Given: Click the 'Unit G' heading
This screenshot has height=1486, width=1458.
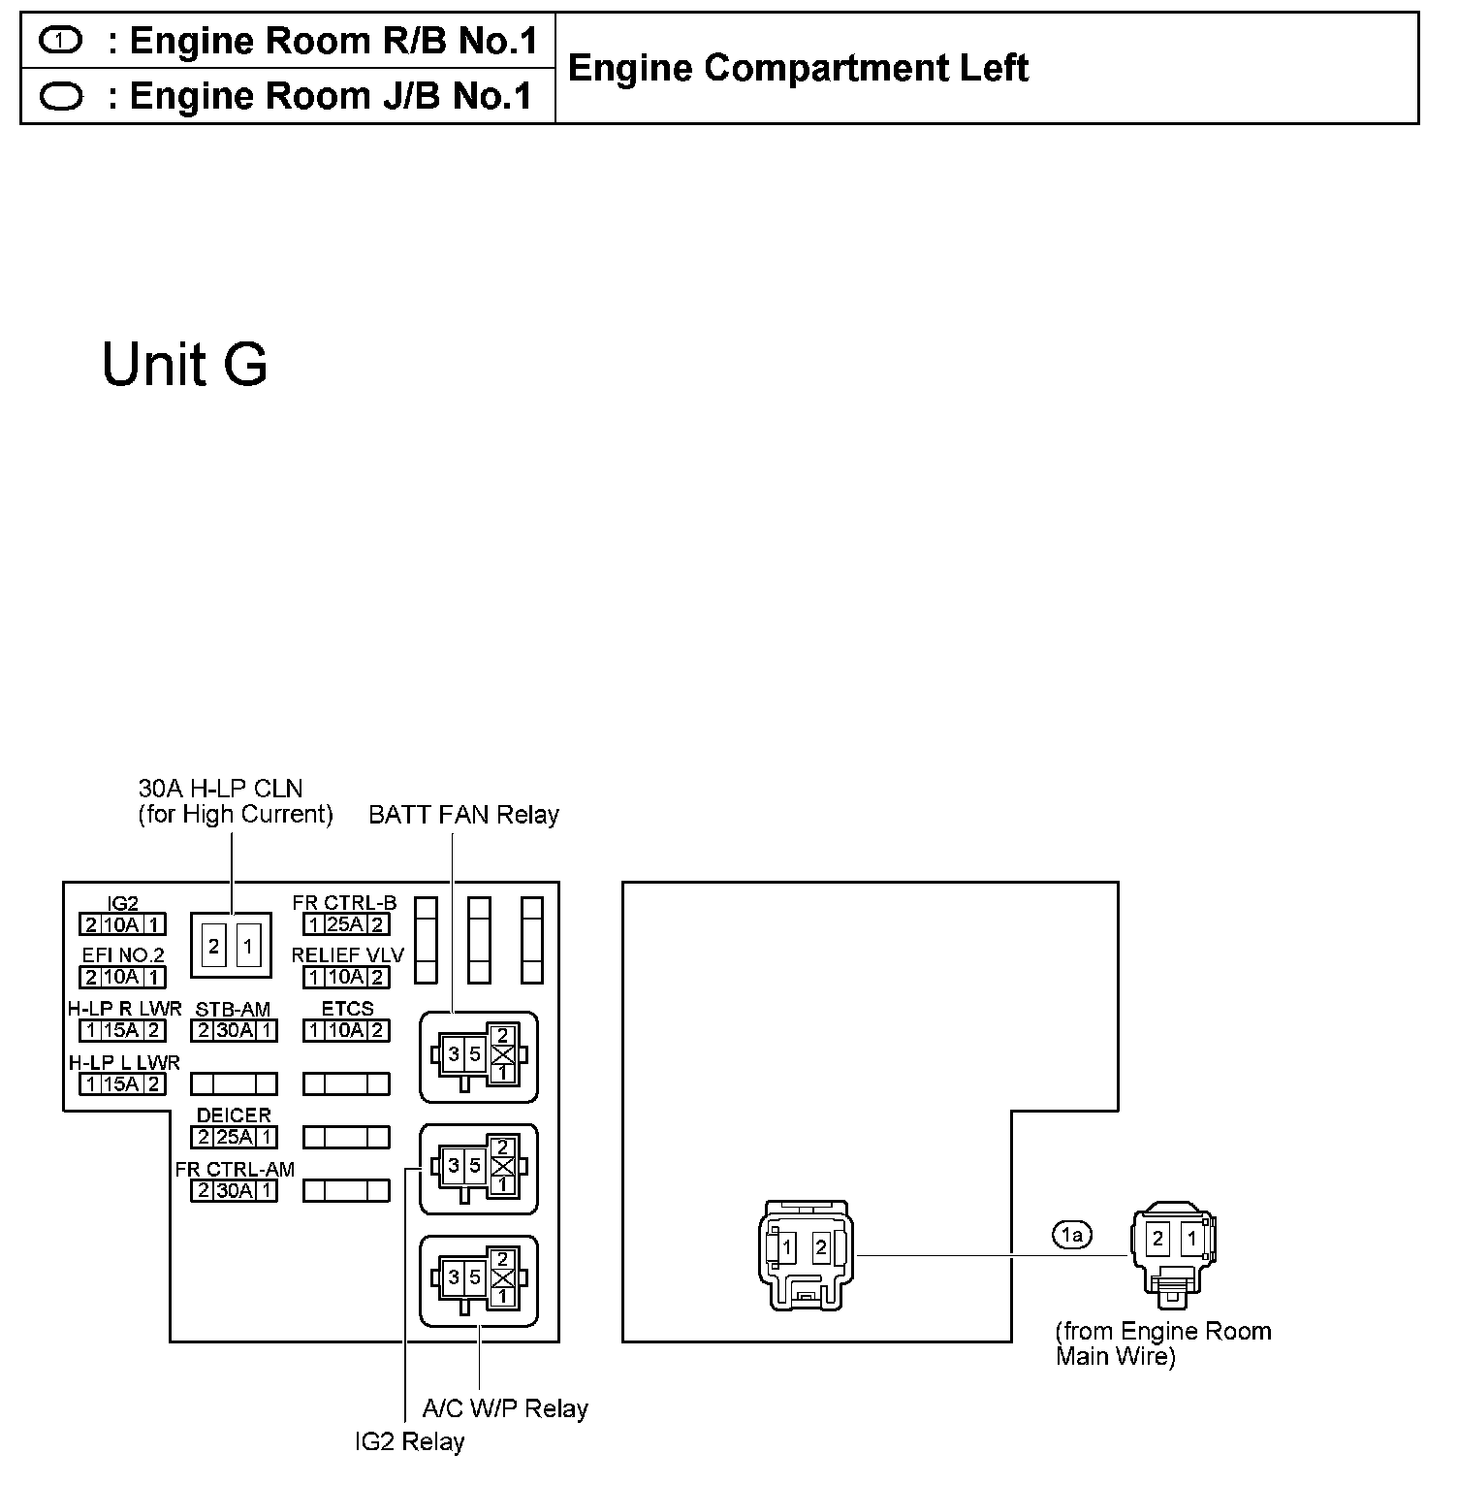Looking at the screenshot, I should click(x=184, y=365).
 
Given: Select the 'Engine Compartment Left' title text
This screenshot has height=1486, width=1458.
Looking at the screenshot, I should click(x=797, y=68).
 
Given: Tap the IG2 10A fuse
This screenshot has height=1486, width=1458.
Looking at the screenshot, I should click(x=122, y=924).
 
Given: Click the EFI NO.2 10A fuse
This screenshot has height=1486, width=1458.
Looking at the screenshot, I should click(x=122, y=977).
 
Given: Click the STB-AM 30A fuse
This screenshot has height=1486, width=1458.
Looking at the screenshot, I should click(x=234, y=1030).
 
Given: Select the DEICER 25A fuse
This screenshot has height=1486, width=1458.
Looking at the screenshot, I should click(x=234, y=1137).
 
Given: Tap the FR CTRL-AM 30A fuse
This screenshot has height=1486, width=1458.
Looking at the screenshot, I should click(x=234, y=1190).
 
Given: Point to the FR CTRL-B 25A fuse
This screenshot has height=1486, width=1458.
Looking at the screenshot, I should click(x=346, y=924).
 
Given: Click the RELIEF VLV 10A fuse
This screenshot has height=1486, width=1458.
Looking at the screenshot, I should click(x=346, y=977).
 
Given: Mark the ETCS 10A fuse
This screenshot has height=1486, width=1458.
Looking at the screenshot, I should click(x=346, y=1030).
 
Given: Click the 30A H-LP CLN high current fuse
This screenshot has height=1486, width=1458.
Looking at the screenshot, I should click(x=231, y=945).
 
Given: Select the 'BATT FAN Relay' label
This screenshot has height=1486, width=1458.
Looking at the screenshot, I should click(x=463, y=815).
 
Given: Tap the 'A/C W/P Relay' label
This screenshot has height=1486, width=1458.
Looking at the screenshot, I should click(x=505, y=1408).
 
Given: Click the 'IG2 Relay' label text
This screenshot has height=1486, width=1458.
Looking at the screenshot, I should click(x=409, y=1442).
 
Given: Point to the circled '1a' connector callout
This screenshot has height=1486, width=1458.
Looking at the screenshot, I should click(x=1071, y=1235).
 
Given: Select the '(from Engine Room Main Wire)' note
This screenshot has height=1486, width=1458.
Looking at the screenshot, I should click(x=1162, y=1343).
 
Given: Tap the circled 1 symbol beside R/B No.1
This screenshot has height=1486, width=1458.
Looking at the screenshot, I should click(x=62, y=41).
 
